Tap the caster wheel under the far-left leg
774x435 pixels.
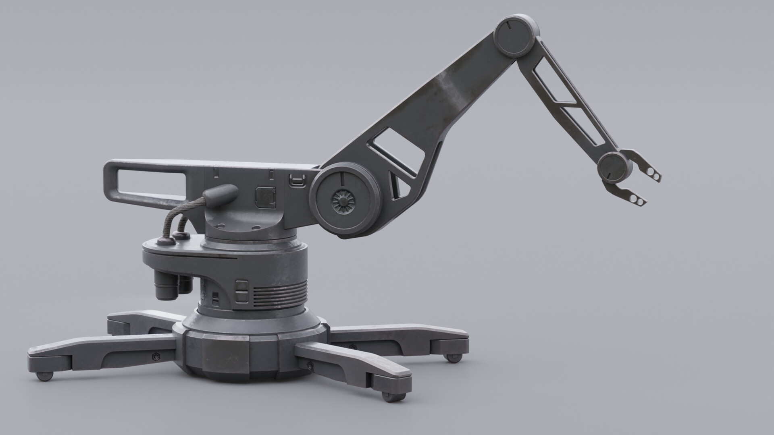[44, 376]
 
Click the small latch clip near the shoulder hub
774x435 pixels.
[297, 180]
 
